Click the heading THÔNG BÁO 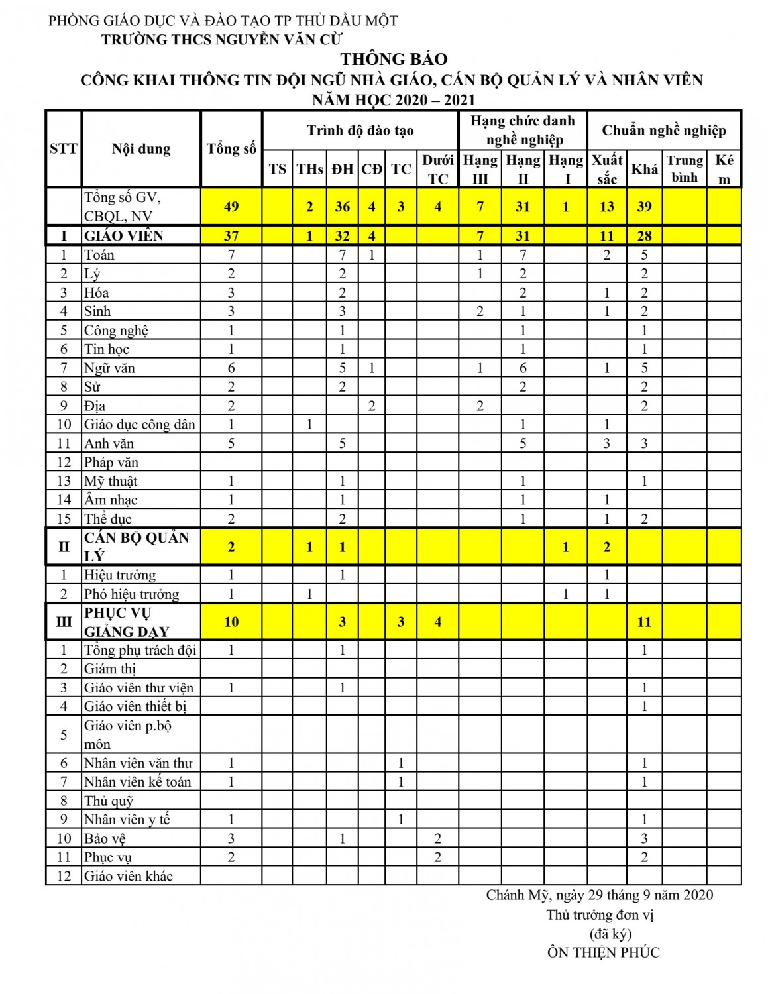tap(394, 59)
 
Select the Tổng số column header tap(231, 149)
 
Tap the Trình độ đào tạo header tap(360, 131)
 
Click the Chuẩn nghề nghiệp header tap(663, 131)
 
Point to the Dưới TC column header tap(437, 169)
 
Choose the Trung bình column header tap(685, 169)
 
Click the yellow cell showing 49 tap(231, 207)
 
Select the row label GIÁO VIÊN tap(124, 236)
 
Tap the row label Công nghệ tap(116, 331)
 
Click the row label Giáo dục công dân tap(139, 425)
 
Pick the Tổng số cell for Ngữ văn tap(231, 368)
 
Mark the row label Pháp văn tap(111, 463)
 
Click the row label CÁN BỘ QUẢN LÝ tap(136, 547)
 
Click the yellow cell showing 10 tap(231, 622)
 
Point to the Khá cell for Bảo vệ tap(644, 839)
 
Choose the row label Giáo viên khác tap(128, 877)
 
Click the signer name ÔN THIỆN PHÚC tap(603, 953)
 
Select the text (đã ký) tap(610, 934)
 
